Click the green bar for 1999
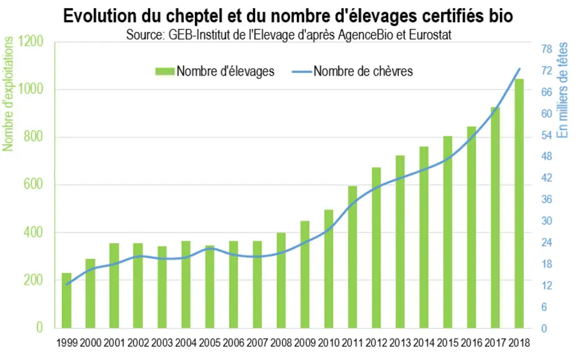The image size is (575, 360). (x=66, y=300)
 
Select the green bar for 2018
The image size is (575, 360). (x=519, y=204)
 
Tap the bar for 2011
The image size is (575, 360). (x=352, y=257)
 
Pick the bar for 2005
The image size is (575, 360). (x=209, y=287)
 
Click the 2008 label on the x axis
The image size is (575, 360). (x=281, y=343)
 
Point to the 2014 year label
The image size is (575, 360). (x=424, y=343)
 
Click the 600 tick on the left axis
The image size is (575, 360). (x=34, y=184)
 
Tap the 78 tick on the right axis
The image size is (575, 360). (x=547, y=49)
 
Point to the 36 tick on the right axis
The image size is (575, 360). (x=547, y=199)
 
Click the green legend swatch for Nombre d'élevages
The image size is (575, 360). (x=164, y=71)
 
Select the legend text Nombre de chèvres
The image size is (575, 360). (x=363, y=71)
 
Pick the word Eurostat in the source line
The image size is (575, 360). (x=430, y=35)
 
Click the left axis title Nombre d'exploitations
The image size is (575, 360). (x=7, y=94)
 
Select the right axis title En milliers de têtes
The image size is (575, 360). (x=562, y=90)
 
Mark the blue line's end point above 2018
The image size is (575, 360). (x=519, y=69)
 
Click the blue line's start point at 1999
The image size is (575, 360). (x=66, y=284)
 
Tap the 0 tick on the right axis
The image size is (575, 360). (x=544, y=329)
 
